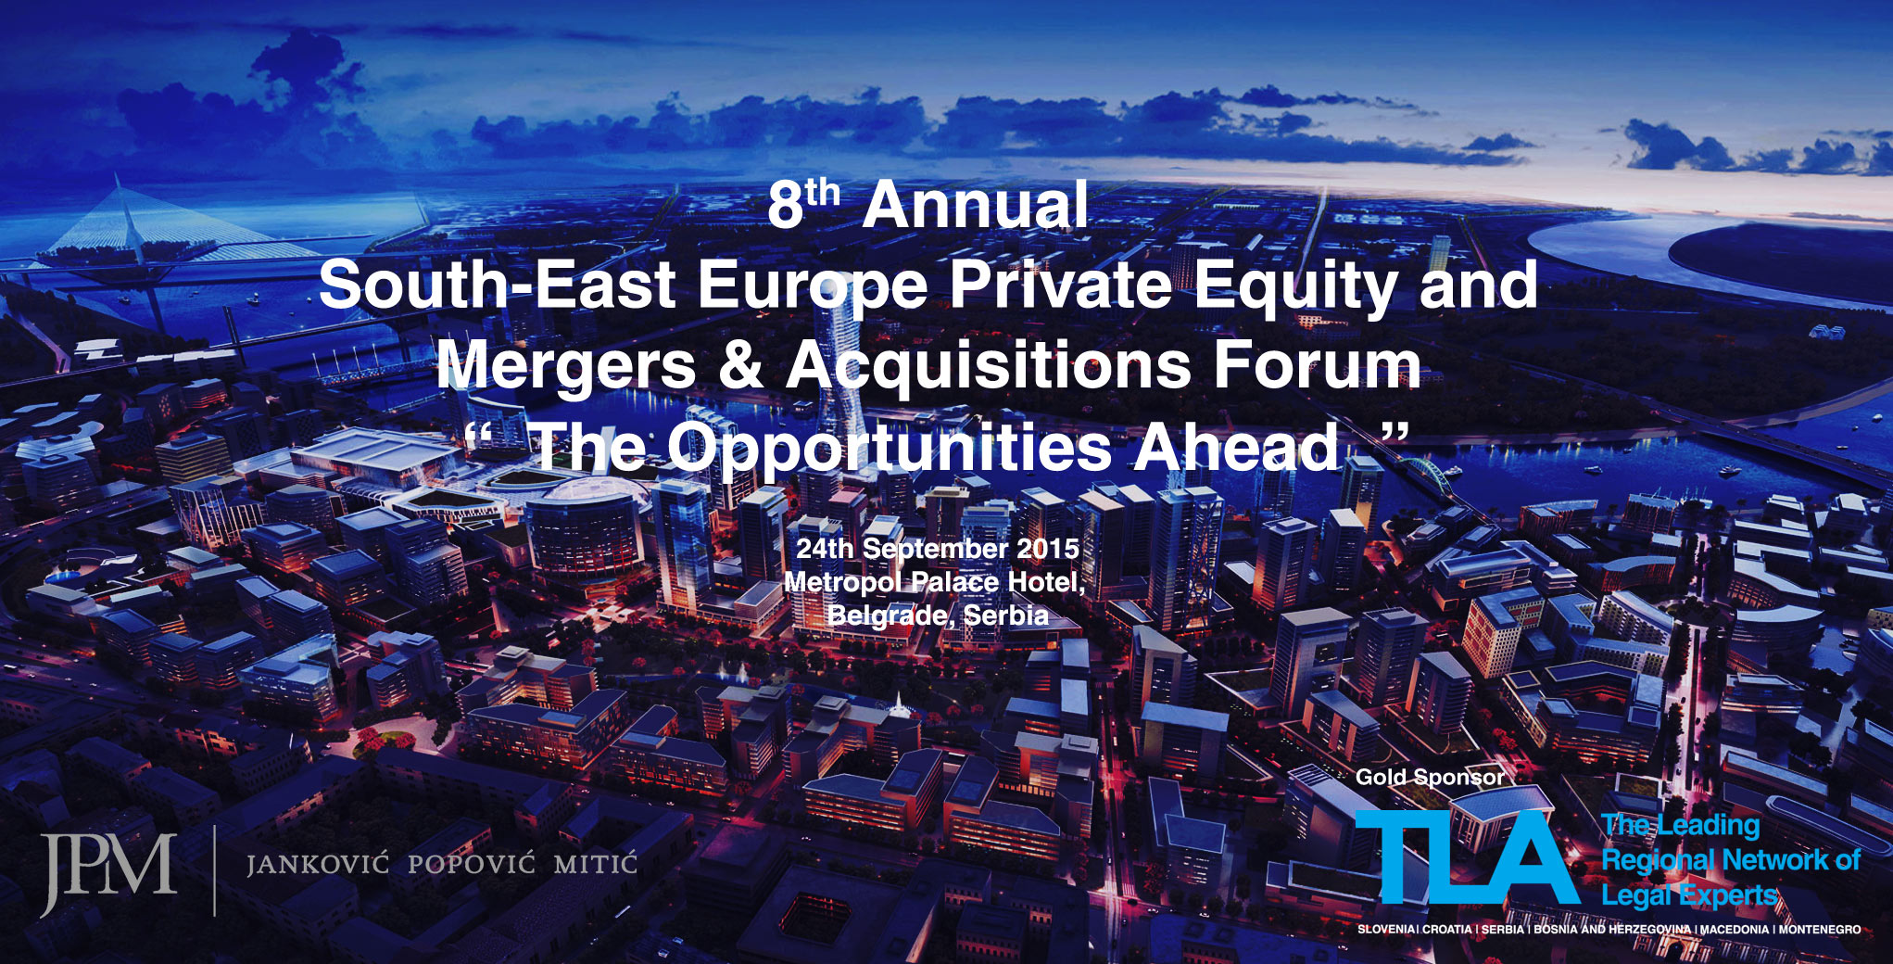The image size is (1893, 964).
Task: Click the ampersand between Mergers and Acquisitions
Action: click(x=740, y=365)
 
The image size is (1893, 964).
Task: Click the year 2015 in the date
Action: click(x=1048, y=549)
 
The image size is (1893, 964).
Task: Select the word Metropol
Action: click(x=841, y=583)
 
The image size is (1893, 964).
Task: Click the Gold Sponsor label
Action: click(x=1430, y=778)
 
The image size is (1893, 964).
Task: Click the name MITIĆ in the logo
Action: click(x=595, y=864)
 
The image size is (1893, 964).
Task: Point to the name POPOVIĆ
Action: click(x=471, y=864)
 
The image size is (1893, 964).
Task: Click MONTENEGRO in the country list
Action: click(x=1819, y=930)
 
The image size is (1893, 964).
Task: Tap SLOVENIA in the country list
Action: click(x=1386, y=930)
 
